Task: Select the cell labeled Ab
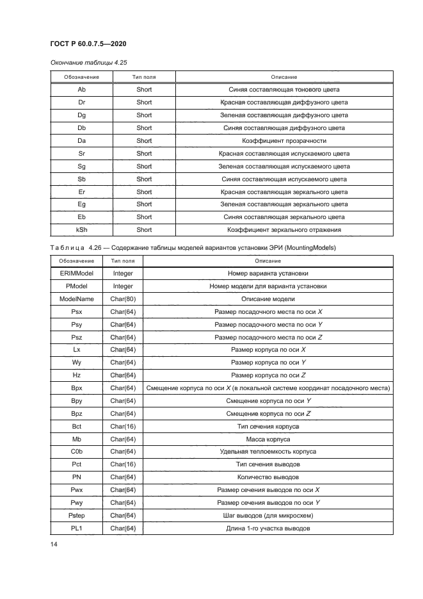click(81, 90)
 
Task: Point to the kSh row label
click(81, 229)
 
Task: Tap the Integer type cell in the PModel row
click(123, 286)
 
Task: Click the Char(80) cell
click(123, 299)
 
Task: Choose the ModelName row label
click(76, 299)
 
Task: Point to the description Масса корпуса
click(268, 439)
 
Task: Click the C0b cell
click(76, 452)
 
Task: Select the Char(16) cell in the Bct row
click(123, 426)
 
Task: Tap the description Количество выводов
click(268, 477)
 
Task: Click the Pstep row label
click(76, 515)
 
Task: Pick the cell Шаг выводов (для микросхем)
click(268, 515)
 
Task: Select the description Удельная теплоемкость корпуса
click(268, 452)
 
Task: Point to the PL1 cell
click(76, 528)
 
